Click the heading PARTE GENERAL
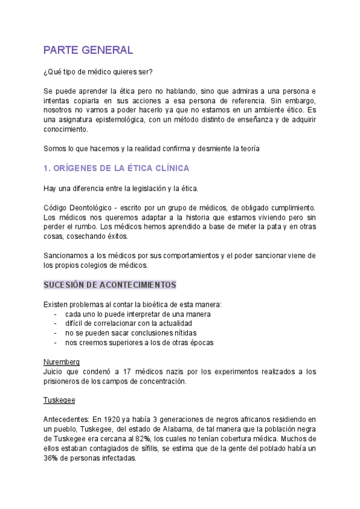click(88, 50)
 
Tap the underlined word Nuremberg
click(62, 362)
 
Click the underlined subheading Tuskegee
click(59, 399)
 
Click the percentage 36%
click(52, 457)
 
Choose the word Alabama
click(182, 428)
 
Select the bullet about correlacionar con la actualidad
click(138, 324)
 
